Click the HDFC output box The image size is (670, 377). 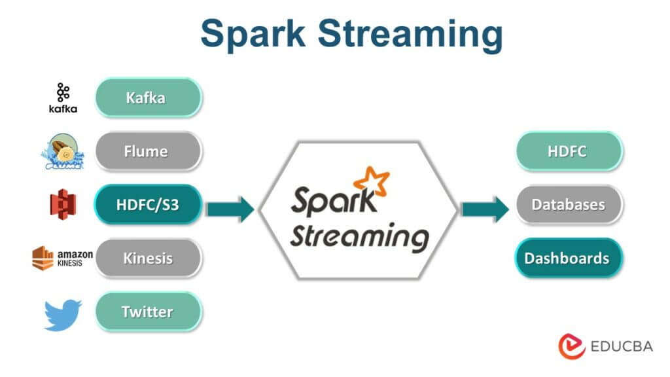[567, 151]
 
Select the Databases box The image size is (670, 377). [567, 205]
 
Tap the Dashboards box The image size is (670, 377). [567, 258]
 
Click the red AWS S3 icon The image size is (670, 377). [63, 206]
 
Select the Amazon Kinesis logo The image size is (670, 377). [63, 258]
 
